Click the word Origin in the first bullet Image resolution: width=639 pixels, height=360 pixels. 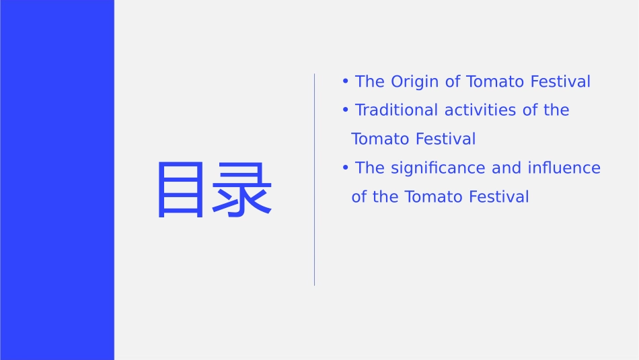(x=415, y=82)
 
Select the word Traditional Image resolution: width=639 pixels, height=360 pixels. (x=397, y=110)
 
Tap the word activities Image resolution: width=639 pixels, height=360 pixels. (x=481, y=110)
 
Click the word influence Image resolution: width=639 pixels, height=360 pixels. (x=564, y=168)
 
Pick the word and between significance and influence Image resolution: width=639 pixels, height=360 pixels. (x=506, y=168)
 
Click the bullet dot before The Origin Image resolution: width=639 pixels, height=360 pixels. (x=345, y=82)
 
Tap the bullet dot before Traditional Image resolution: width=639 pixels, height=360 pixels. (x=345, y=110)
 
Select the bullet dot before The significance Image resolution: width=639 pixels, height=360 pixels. (x=345, y=168)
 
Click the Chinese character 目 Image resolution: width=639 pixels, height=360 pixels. (x=180, y=190)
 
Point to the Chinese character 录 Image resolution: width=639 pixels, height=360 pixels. (x=241, y=190)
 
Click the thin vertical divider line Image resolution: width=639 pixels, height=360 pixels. (x=314, y=180)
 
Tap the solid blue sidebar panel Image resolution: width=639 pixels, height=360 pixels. (x=57, y=180)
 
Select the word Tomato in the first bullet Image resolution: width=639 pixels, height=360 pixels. (x=495, y=82)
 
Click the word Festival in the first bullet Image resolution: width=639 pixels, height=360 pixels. (x=560, y=82)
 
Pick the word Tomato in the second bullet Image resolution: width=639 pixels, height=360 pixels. (x=380, y=139)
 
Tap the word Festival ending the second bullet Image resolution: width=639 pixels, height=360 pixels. (x=445, y=139)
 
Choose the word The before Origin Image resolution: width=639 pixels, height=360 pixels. (x=369, y=82)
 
